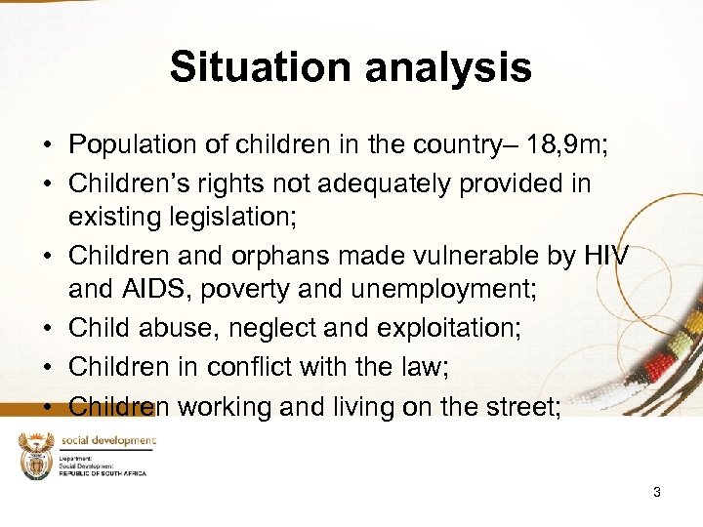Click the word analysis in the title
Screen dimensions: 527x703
pyautogui.click(x=451, y=67)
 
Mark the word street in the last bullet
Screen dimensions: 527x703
pyautogui.click(x=523, y=406)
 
